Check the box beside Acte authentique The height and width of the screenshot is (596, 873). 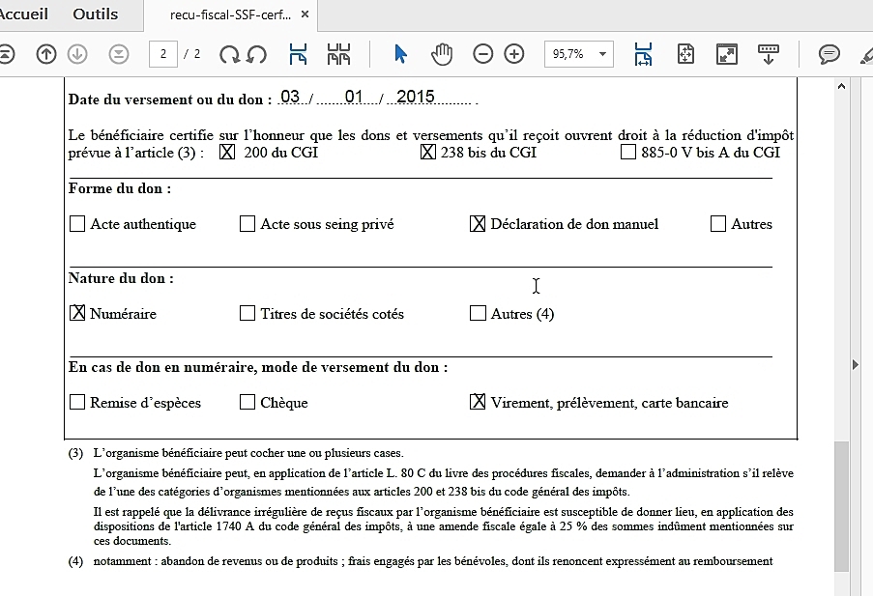click(77, 224)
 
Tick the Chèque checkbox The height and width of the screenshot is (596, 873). click(247, 402)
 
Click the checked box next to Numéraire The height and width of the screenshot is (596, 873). click(77, 313)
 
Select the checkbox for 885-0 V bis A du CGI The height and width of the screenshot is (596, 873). click(628, 153)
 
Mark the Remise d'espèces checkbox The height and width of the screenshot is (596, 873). click(77, 402)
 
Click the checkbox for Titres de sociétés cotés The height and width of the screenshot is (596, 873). click(247, 313)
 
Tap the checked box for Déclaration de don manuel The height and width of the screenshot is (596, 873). click(478, 224)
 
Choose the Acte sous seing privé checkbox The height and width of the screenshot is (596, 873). click(247, 224)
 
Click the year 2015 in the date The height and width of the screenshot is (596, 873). click(416, 97)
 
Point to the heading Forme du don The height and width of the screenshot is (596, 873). click(120, 189)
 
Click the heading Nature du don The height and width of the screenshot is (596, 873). click(121, 278)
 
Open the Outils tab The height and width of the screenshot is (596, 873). click(96, 14)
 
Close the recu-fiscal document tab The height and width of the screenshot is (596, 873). click(306, 15)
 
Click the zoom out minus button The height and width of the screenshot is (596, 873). click(483, 54)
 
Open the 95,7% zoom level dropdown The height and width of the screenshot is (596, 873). click(578, 54)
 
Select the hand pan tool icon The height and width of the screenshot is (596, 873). click(442, 54)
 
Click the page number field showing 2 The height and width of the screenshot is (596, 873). click(162, 54)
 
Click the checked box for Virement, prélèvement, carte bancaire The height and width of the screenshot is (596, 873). click(478, 402)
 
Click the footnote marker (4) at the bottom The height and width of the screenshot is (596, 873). click(75, 561)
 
